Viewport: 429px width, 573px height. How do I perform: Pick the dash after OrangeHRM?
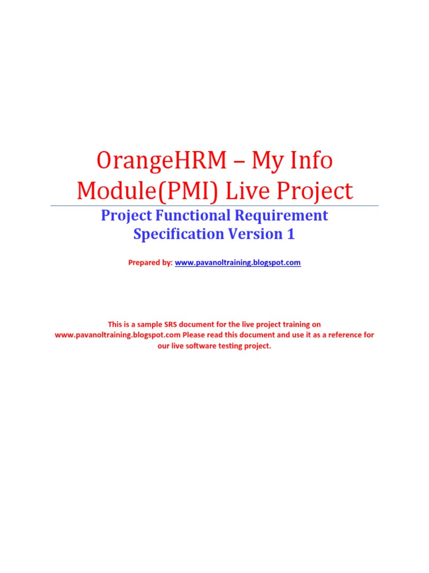pos(239,162)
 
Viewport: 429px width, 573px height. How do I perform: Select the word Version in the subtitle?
pos(254,234)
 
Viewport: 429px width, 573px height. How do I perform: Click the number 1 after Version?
pos(290,234)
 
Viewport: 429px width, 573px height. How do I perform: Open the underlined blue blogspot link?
pos(238,262)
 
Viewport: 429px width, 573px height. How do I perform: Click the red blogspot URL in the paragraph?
pos(117,335)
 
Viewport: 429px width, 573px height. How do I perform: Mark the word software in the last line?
pos(207,345)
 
